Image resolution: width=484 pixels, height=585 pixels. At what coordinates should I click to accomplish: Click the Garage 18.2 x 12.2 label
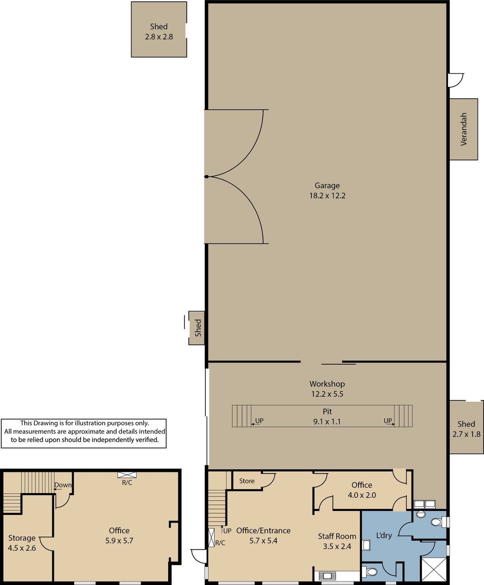tap(327, 191)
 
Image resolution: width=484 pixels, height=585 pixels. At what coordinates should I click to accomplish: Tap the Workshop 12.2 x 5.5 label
tap(327, 389)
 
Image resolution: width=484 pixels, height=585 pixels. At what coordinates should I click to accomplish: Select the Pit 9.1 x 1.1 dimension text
tap(327, 417)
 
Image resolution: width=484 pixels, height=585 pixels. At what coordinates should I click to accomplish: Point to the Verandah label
tap(464, 129)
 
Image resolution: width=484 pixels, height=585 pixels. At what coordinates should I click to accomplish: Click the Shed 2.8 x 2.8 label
tap(159, 32)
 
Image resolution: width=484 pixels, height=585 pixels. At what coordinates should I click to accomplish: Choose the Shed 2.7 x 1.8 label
tap(466, 429)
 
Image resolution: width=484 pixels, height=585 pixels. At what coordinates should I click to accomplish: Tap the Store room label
tap(247, 481)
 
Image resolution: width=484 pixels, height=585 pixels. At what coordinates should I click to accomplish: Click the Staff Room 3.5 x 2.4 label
tap(337, 541)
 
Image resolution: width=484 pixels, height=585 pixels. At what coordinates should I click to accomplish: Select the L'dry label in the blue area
tap(384, 535)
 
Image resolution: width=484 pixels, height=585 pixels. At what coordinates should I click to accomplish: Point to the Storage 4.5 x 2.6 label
tap(22, 543)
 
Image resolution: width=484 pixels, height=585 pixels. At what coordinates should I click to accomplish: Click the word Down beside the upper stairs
tap(63, 485)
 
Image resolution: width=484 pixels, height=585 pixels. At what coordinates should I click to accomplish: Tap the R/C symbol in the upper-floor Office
tap(127, 475)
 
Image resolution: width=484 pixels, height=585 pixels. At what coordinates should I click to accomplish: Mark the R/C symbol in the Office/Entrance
tap(211, 537)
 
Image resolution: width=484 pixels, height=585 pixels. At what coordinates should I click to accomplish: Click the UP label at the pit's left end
tap(259, 421)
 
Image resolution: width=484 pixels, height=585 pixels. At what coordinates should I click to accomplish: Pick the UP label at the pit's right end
tap(388, 421)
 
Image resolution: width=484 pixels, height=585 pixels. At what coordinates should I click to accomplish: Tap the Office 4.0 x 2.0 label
tap(362, 490)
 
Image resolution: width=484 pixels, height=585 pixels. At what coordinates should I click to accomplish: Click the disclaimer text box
tap(83, 434)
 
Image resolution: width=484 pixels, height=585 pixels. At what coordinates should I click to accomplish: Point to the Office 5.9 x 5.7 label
tap(119, 535)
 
